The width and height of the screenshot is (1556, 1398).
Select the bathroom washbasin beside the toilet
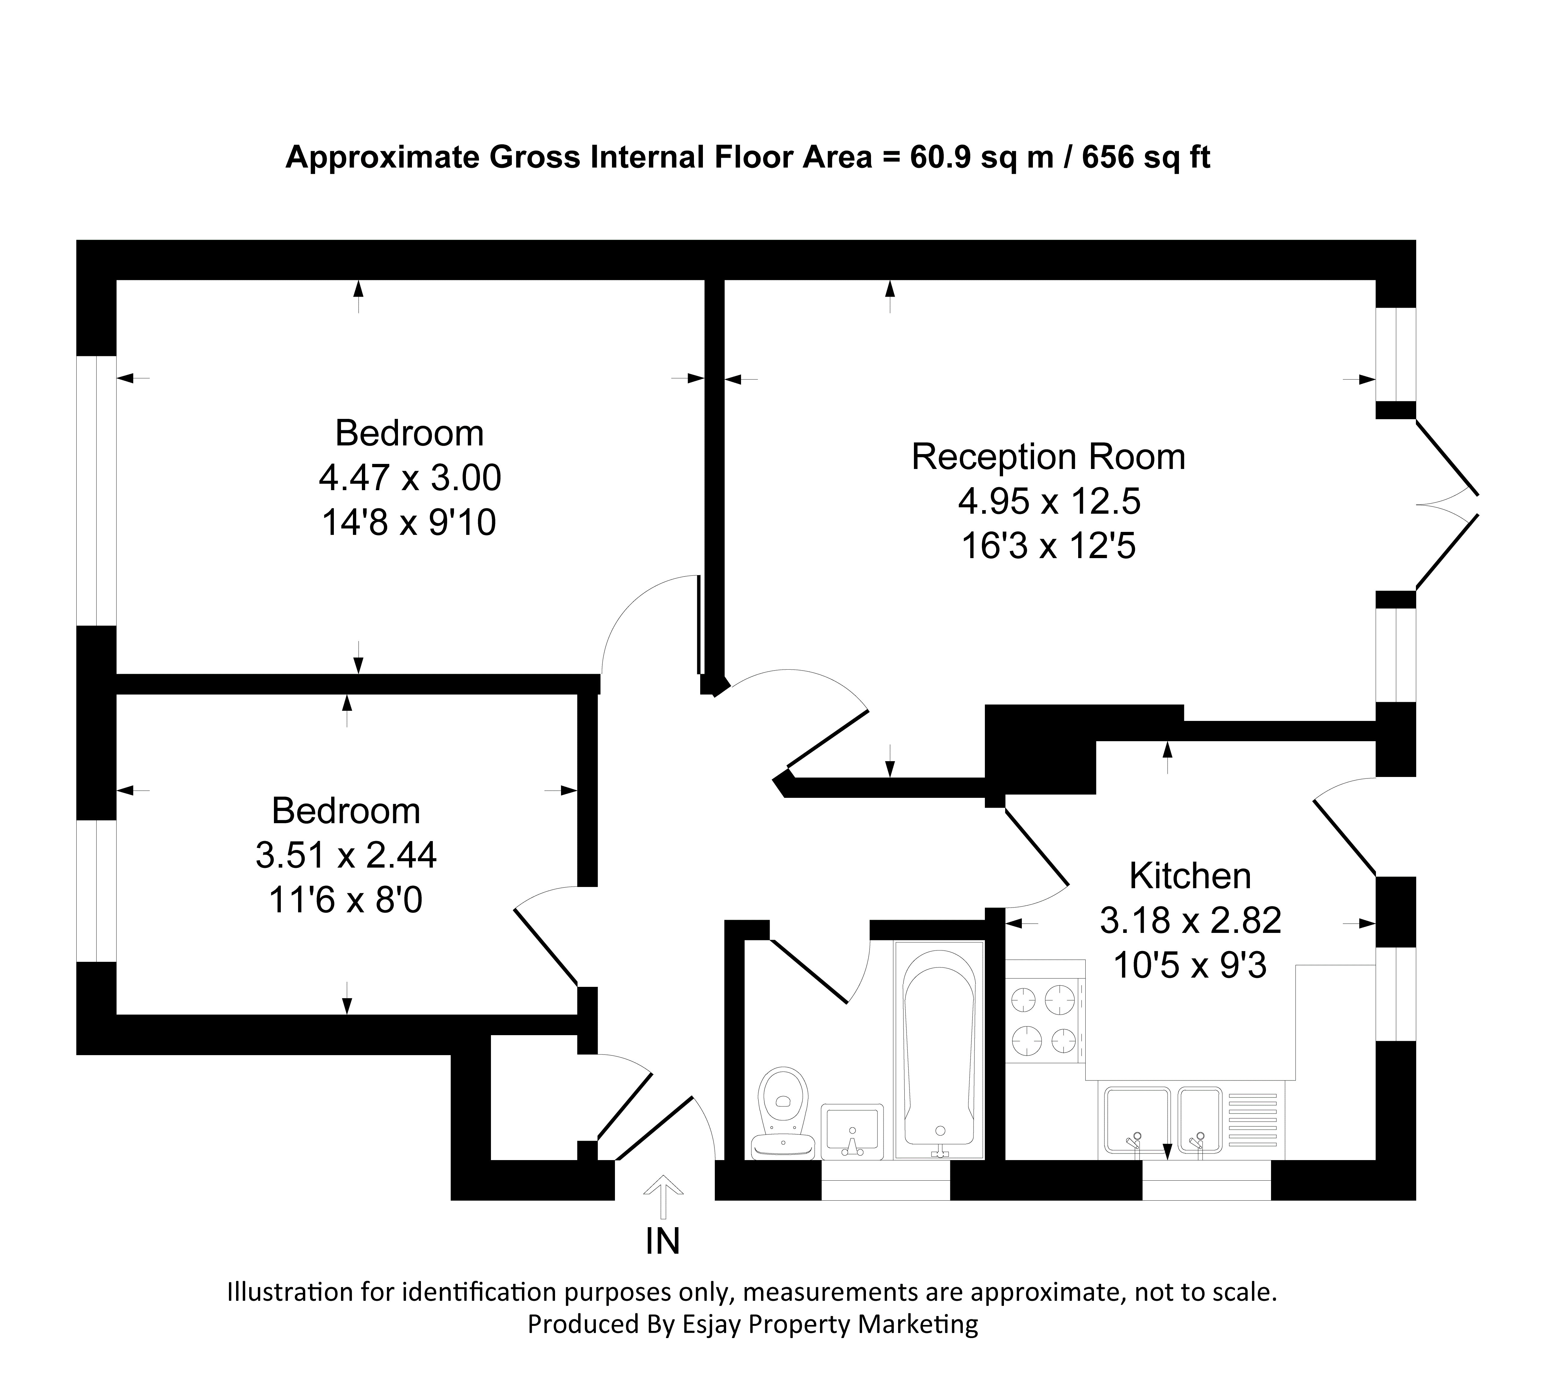click(852, 1131)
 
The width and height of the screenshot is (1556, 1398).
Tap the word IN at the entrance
click(662, 1241)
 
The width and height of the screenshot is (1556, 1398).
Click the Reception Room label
click(1048, 457)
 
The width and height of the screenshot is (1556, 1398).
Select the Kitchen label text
click(1190, 876)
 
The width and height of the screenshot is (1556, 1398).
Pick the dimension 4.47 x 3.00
click(410, 478)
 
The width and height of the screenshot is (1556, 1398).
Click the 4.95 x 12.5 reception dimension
click(1049, 501)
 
